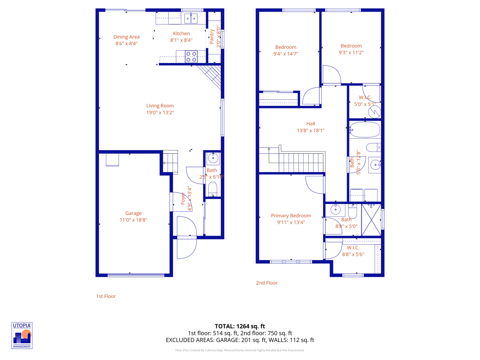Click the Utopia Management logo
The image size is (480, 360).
tap(22, 335)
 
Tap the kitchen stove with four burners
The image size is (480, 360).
tap(191, 57)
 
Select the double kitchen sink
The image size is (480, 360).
tap(191, 18)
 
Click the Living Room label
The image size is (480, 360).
tap(160, 106)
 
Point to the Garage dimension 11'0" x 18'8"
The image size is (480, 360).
tap(133, 220)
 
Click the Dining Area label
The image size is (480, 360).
tap(126, 37)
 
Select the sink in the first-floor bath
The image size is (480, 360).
tap(213, 158)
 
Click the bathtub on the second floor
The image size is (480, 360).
tap(365, 130)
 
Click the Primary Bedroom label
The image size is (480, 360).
tap(291, 216)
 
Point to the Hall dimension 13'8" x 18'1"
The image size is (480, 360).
tap(311, 131)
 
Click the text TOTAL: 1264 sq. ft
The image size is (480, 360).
tap(240, 326)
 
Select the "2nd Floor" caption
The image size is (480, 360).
tap(267, 283)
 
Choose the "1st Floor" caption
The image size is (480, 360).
tap(106, 296)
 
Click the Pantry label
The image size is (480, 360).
tap(212, 37)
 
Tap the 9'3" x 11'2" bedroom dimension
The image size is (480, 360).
tap(351, 53)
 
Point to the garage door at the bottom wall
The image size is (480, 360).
tap(136, 275)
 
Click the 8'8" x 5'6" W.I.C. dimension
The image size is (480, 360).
tap(353, 254)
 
